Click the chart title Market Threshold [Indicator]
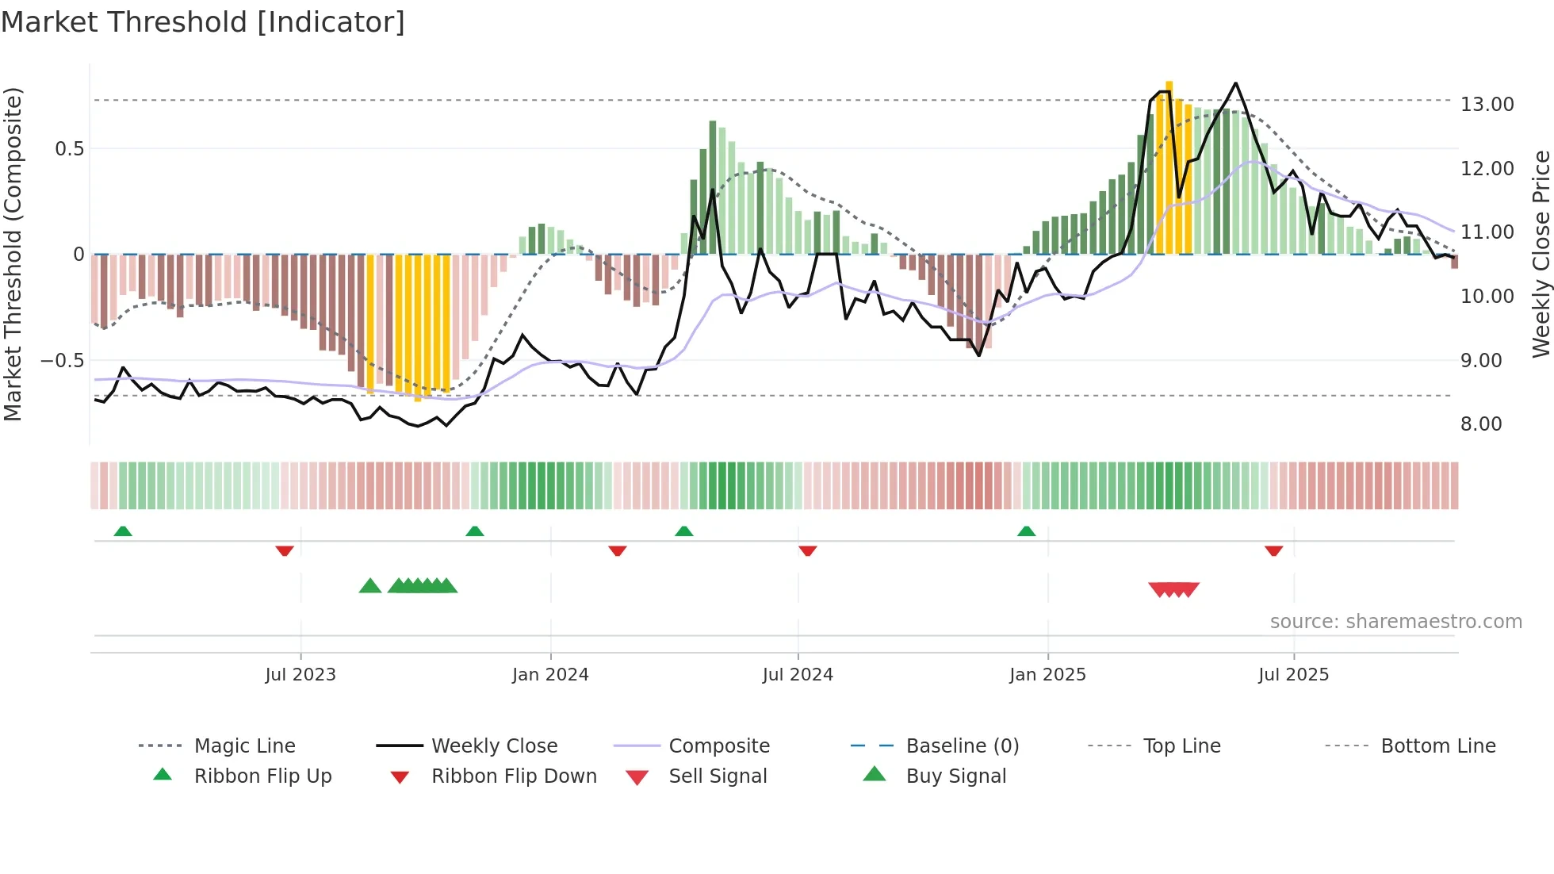click(203, 22)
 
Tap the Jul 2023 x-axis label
click(300, 675)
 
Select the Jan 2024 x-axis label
click(550, 675)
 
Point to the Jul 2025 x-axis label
click(1293, 675)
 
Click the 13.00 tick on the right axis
click(1487, 105)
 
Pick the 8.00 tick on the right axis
click(1481, 424)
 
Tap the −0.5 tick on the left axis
click(62, 361)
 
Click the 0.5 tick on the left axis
click(69, 149)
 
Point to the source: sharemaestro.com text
click(1395, 622)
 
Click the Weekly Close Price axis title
click(1541, 254)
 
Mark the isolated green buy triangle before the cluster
click(370, 586)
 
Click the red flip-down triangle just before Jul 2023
click(285, 550)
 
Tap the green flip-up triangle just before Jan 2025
click(1026, 531)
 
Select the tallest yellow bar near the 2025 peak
click(1169, 167)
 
